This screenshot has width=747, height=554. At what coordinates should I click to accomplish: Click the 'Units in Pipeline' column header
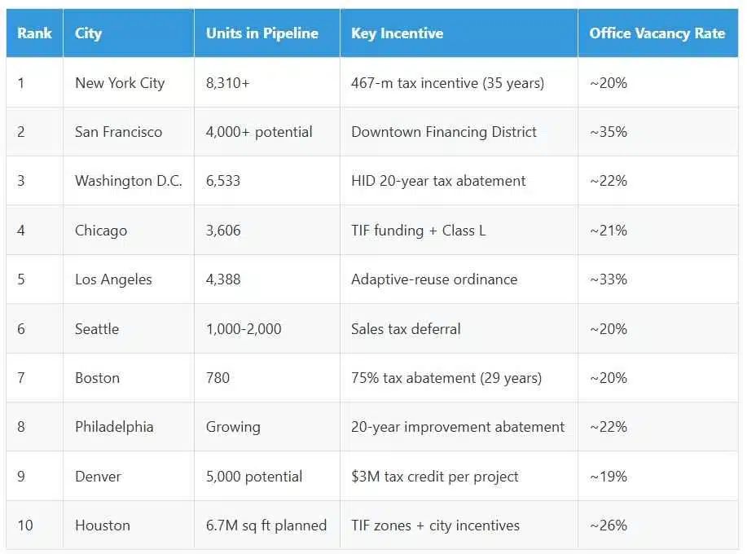[261, 33]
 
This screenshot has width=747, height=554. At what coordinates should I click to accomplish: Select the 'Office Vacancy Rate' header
[657, 33]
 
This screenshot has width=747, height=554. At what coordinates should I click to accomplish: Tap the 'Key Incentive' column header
[397, 33]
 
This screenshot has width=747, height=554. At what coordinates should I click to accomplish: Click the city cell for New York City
[120, 83]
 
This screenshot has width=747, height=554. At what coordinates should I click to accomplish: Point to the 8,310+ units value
[227, 83]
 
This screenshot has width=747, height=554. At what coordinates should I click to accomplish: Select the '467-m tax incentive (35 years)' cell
[447, 83]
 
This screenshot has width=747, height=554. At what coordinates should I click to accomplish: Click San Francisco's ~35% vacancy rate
[609, 132]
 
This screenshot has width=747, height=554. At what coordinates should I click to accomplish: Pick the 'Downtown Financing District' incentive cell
[444, 132]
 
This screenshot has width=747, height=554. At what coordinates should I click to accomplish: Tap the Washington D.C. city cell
[128, 181]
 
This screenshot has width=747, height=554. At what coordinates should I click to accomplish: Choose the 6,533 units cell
[223, 181]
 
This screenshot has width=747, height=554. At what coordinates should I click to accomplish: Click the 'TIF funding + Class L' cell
[418, 231]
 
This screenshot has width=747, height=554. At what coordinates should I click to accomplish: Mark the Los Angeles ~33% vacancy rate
[609, 279]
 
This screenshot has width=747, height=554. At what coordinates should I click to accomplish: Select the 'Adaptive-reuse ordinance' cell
[434, 279]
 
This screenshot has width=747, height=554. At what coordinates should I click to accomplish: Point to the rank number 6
[21, 329]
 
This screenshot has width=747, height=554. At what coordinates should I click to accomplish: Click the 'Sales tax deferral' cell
[406, 329]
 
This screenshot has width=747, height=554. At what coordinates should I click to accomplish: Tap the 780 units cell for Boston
[218, 378]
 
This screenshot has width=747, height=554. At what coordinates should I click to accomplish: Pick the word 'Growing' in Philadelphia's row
[233, 427]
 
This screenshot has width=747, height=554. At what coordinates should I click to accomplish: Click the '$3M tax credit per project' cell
[434, 477]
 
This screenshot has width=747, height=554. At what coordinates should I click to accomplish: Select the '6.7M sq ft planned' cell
[266, 525]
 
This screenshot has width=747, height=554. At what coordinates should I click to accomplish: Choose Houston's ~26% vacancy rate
[609, 525]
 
